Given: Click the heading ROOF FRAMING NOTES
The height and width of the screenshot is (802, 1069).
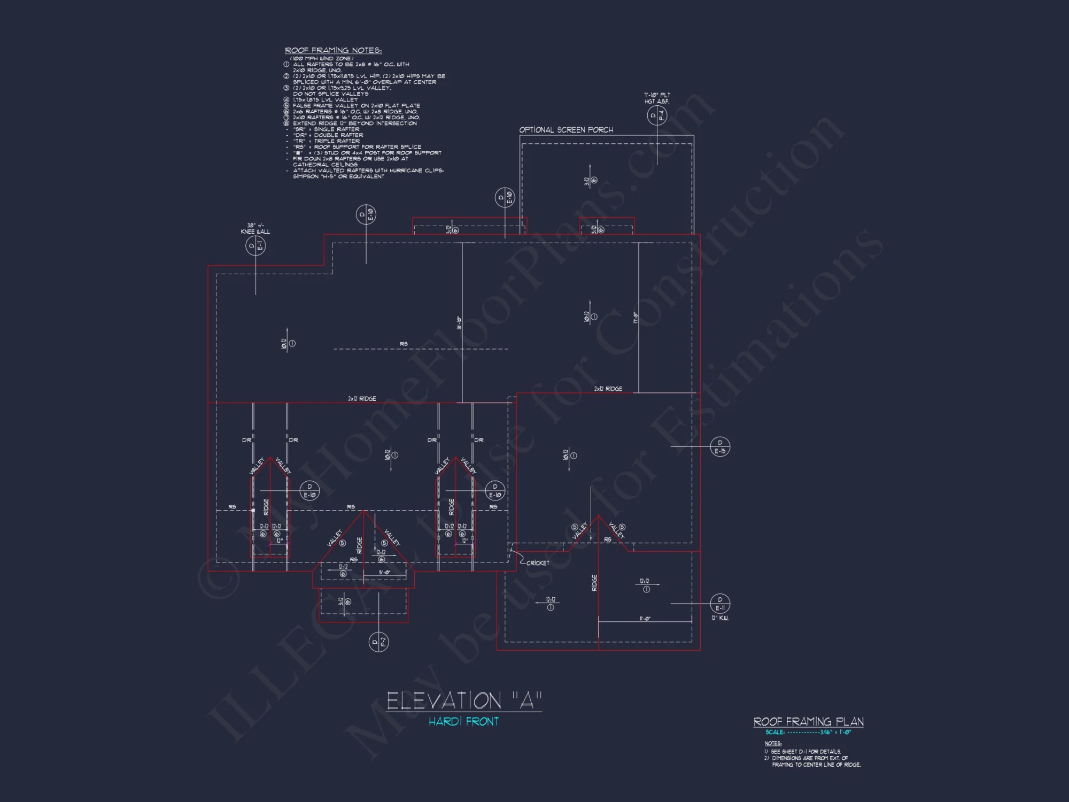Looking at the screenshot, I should click(333, 50).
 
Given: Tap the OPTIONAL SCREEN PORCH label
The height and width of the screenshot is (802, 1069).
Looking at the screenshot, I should click(566, 130).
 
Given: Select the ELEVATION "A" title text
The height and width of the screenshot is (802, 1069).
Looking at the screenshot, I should click(464, 700).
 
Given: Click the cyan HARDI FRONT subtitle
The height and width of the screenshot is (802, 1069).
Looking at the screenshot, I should click(463, 722).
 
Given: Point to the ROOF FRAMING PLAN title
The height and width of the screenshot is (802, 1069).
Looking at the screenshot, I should click(808, 722).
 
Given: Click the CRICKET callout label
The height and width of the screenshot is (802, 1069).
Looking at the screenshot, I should click(537, 563).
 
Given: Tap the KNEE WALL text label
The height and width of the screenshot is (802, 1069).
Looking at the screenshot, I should click(255, 232).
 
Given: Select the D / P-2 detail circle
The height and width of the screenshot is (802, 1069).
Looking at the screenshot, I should click(378, 642).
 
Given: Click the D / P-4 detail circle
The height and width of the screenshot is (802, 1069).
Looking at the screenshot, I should click(656, 115).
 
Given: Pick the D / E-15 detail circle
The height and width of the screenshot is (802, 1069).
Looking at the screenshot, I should click(720, 446).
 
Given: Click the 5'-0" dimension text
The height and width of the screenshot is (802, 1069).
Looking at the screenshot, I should click(384, 573).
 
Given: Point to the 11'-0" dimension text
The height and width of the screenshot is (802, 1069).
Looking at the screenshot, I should click(645, 619).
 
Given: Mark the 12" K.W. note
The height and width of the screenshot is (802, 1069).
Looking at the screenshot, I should click(719, 618).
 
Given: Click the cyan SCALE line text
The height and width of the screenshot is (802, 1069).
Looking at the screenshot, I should click(808, 732).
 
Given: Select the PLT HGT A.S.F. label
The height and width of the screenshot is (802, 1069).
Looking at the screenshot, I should click(657, 98).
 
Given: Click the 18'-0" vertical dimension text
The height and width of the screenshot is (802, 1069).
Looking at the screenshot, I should click(459, 322).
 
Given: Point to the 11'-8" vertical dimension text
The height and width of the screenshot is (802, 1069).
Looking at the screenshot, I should click(636, 318).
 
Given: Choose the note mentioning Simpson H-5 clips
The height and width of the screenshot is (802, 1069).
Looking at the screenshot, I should click(368, 174).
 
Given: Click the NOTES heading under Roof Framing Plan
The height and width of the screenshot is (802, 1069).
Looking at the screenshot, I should click(772, 743).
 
